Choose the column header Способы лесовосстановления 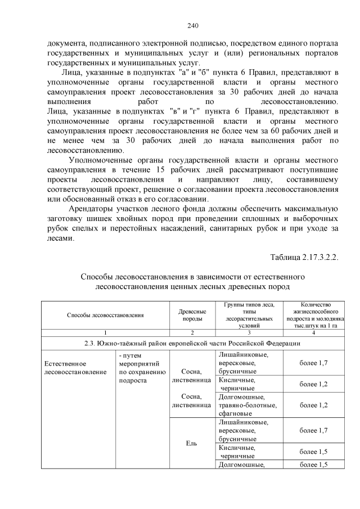coord(105,316)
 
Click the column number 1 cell coord(105,333)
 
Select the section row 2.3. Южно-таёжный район coord(193,343)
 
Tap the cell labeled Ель coord(192,443)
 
